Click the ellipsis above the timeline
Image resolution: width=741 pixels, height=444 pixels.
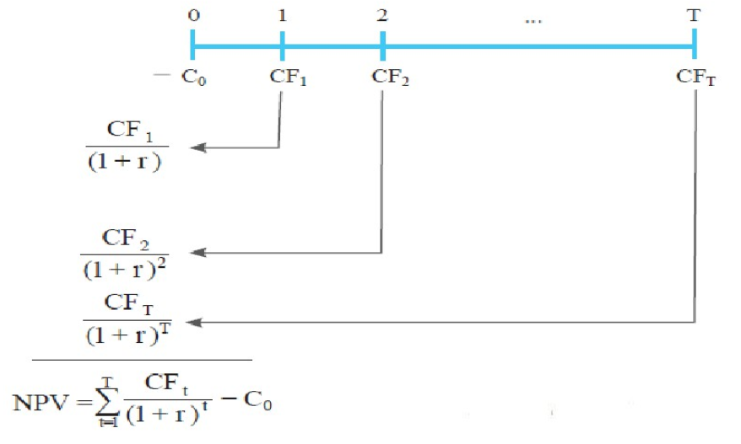tap(532, 18)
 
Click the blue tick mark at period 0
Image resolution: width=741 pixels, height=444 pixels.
tap(193, 41)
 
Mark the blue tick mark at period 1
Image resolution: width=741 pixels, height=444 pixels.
tap(281, 41)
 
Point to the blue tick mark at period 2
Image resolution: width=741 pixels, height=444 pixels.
tap(383, 41)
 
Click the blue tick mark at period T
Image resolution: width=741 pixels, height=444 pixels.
tap(694, 41)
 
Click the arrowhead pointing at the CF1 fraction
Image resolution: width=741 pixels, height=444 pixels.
tap(197, 148)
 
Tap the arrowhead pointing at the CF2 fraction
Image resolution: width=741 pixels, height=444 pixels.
tap(197, 252)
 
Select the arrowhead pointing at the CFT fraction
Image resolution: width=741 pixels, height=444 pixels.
tap(197, 322)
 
